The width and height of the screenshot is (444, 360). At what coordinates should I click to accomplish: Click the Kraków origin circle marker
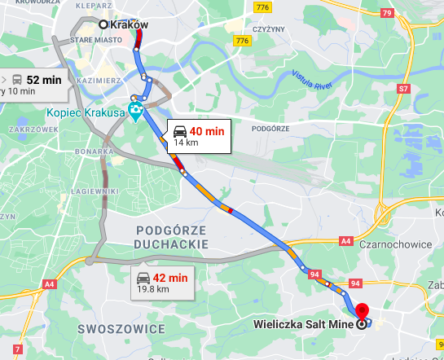click(103, 24)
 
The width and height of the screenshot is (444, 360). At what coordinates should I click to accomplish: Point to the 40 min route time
click(207, 130)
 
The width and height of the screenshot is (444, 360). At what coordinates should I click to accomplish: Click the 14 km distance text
click(187, 143)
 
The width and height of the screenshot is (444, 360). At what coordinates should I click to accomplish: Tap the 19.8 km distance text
click(153, 288)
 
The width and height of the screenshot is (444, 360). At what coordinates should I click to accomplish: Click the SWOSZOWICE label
click(121, 329)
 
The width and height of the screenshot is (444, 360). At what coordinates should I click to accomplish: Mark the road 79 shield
click(386, 14)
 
